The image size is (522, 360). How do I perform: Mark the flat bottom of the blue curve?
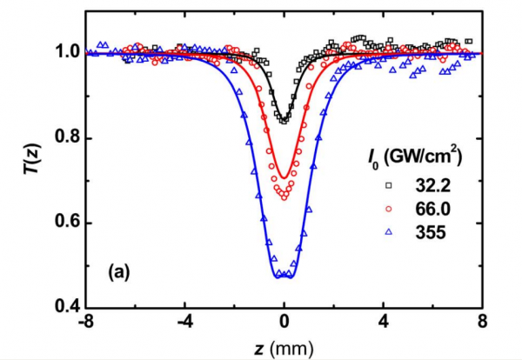(284, 277)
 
